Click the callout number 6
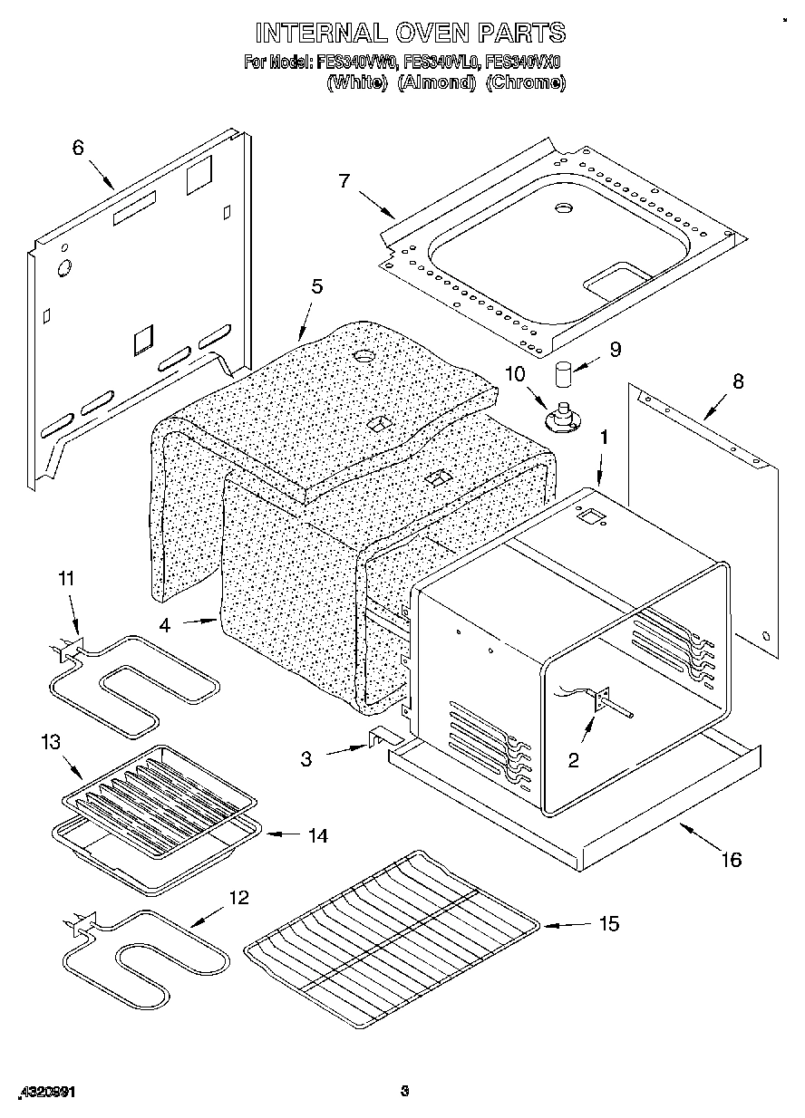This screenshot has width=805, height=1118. pyautogui.click(x=78, y=147)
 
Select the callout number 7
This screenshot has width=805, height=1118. pyautogui.click(x=344, y=180)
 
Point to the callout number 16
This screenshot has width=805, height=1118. pyautogui.click(x=731, y=859)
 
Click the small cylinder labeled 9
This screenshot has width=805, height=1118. pyautogui.click(x=565, y=373)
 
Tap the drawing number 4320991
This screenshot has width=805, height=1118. pyautogui.click(x=44, y=1092)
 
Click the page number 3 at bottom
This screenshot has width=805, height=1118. pyautogui.click(x=405, y=1091)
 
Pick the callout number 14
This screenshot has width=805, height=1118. pyautogui.click(x=316, y=835)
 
